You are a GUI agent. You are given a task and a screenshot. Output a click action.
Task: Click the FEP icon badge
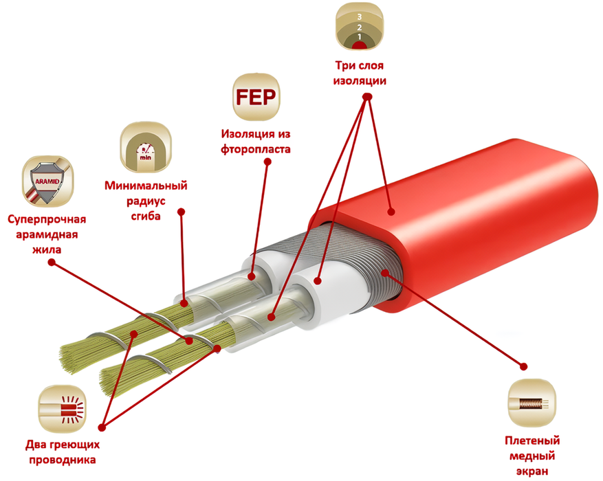coord(256,97)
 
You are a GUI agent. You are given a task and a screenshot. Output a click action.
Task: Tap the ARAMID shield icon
coord(47,181)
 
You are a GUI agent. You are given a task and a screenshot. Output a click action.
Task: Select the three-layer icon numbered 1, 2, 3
coord(360,27)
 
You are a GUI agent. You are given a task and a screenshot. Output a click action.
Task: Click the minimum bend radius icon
coord(146,148)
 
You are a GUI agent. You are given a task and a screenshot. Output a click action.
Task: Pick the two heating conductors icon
coord(62,410)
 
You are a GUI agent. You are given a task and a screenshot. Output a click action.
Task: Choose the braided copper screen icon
coord(532,403)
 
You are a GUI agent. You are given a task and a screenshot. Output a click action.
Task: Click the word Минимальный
coord(146,186)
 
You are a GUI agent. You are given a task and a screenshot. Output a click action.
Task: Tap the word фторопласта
coord(255,149)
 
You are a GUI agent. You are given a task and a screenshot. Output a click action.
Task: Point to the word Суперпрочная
coord(47,220)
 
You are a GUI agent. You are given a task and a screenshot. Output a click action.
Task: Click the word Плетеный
coord(532,440)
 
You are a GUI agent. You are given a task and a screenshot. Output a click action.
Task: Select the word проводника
coord(63,460)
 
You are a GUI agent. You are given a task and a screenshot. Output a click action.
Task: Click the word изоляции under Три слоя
coord(360,81)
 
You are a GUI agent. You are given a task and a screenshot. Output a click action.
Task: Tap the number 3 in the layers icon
coord(360,17)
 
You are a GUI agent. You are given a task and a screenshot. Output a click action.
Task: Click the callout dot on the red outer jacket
coord(391,212)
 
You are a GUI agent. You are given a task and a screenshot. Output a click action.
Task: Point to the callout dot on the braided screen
coord(385,273)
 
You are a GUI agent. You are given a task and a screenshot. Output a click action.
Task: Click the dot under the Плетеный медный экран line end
coord(523,366)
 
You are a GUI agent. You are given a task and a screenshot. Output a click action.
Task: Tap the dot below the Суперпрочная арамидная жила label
coord(52,262)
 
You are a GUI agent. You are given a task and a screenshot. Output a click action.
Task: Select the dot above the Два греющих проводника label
coord(102,427)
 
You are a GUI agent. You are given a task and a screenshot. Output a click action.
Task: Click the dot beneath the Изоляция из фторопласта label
coord(267,161)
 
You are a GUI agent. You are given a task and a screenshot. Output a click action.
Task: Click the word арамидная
coord(47,235)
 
